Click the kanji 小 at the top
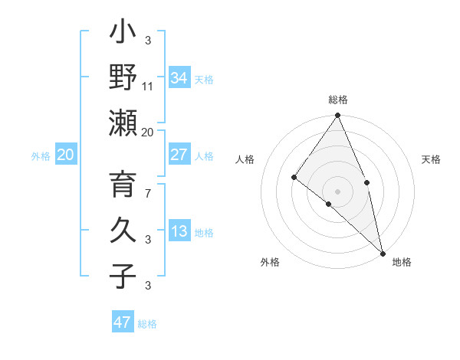click(123, 33)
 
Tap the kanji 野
click(123, 77)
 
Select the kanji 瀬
click(123, 123)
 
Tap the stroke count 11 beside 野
click(148, 86)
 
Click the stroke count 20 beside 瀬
click(148, 132)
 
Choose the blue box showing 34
click(179, 77)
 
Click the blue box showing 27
click(179, 155)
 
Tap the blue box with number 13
click(179, 231)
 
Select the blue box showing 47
click(123, 322)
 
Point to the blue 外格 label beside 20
click(41, 156)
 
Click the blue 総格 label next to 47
click(147, 324)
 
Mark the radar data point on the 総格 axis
click(337, 116)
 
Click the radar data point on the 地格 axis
click(382, 252)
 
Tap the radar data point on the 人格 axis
click(294, 178)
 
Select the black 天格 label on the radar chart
click(431, 159)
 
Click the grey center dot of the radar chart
click(337, 191)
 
